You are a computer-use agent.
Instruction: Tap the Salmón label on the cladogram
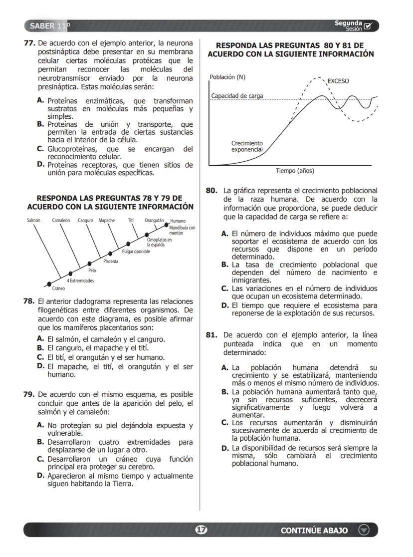click(x=33, y=220)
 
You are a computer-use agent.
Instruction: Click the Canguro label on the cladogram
click(x=85, y=220)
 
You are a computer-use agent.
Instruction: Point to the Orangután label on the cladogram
click(x=155, y=220)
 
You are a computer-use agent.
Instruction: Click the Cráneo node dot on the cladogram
click(x=49, y=284)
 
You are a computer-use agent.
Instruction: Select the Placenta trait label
click(x=111, y=261)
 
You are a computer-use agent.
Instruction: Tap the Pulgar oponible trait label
click(x=136, y=252)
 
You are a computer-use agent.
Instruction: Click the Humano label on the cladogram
click(x=178, y=221)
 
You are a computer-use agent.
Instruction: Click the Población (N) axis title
click(x=227, y=77)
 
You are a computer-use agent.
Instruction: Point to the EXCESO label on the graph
click(x=338, y=81)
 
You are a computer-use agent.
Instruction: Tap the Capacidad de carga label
click(x=237, y=96)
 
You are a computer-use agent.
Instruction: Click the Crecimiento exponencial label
click(x=247, y=146)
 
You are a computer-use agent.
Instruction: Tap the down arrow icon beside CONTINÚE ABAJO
click(x=364, y=530)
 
